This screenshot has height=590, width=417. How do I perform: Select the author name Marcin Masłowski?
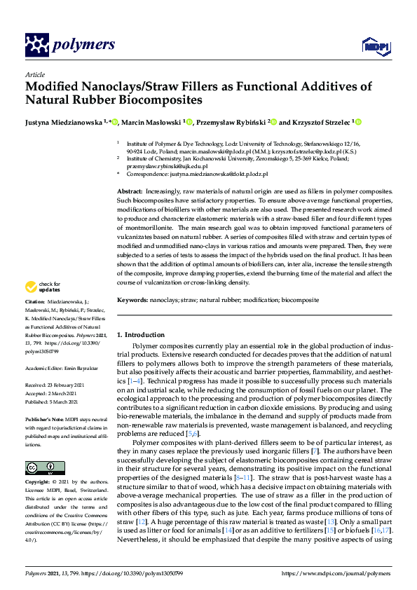click(151, 122)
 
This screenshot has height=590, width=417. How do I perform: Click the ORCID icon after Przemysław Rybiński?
click(274, 122)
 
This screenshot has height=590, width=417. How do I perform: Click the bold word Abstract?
click(131, 191)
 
